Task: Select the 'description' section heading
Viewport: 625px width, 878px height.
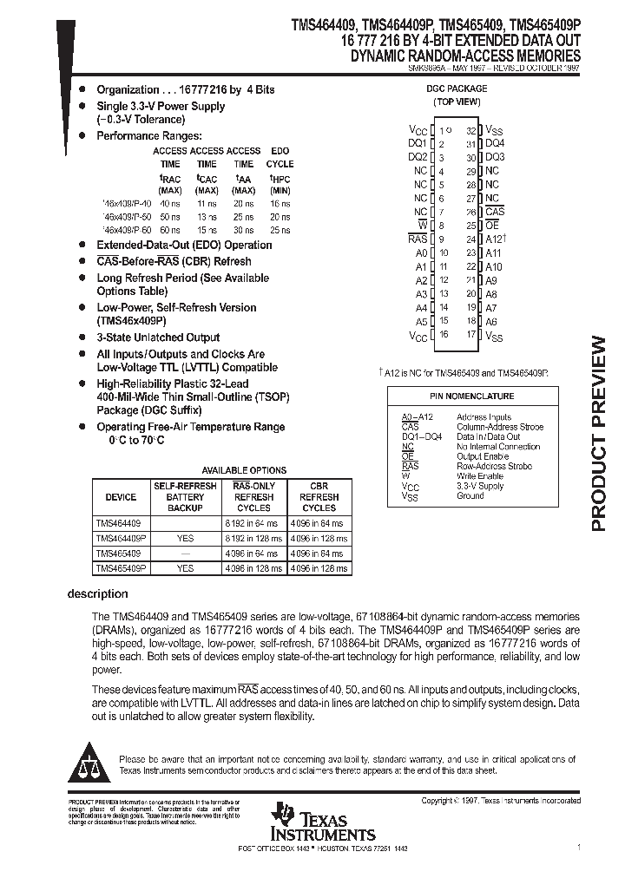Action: point(97,593)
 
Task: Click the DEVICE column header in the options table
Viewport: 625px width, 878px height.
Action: point(121,497)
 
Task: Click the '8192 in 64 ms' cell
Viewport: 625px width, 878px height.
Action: point(253,523)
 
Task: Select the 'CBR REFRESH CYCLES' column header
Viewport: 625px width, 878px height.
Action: point(319,497)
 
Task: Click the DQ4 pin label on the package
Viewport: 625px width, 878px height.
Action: point(495,142)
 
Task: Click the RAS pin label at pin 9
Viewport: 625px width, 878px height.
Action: point(418,239)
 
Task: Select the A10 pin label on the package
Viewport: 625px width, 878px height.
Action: point(493,266)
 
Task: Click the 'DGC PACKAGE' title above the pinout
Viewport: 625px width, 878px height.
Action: point(457,88)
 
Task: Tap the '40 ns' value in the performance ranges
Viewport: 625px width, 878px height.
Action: point(170,204)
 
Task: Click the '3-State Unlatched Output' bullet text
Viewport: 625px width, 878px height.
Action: point(158,337)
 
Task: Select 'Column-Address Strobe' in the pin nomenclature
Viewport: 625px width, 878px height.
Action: point(500,427)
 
